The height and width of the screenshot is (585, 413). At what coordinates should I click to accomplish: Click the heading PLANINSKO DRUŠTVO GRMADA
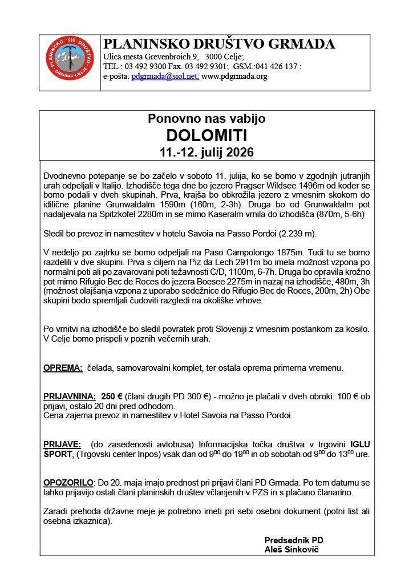coord(218,45)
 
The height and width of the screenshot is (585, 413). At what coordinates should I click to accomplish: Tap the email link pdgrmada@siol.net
coord(165,76)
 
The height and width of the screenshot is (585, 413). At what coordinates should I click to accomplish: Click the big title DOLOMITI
coord(206,136)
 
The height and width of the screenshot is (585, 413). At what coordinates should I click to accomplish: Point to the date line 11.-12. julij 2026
coord(206,153)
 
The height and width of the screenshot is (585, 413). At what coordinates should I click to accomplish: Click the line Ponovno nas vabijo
coord(206,119)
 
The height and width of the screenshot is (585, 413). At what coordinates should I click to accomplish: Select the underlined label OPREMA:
coord(63,368)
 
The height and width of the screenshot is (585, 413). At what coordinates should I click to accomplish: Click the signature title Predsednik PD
coord(294,540)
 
